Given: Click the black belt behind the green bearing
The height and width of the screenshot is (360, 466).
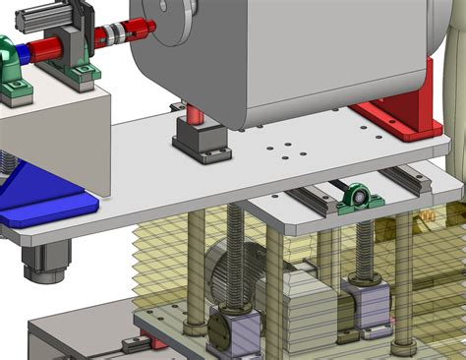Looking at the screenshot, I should [339, 186].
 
